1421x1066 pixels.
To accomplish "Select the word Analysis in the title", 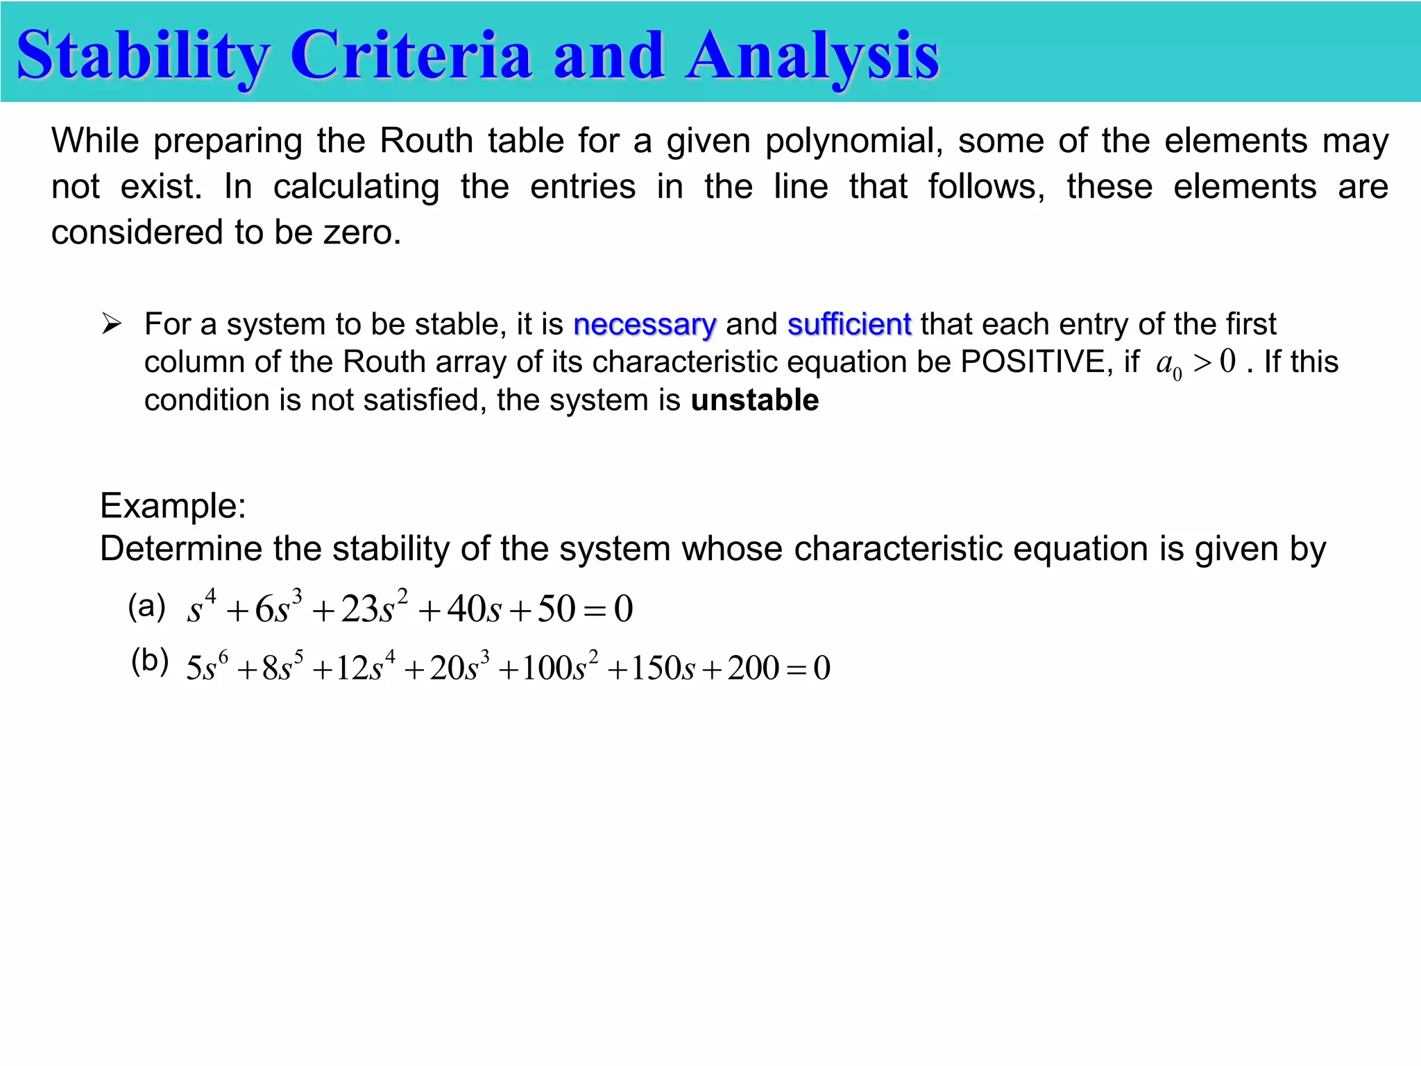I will tap(812, 56).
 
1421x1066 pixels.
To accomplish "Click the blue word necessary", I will tap(645, 325).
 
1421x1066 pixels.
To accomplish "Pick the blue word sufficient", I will tap(849, 325).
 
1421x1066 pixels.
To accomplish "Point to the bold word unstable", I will tap(755, 400).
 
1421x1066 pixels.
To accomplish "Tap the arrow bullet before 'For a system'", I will tap(112, 323).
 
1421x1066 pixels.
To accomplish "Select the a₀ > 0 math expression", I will tap(1195, 363).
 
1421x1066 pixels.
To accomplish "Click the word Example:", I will tap(173, 505).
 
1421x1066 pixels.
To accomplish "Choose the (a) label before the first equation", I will tap(146, 606).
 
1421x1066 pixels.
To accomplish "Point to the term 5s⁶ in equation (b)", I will tap(206, 667).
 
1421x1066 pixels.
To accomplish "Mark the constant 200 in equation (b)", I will tap(753, 668).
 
